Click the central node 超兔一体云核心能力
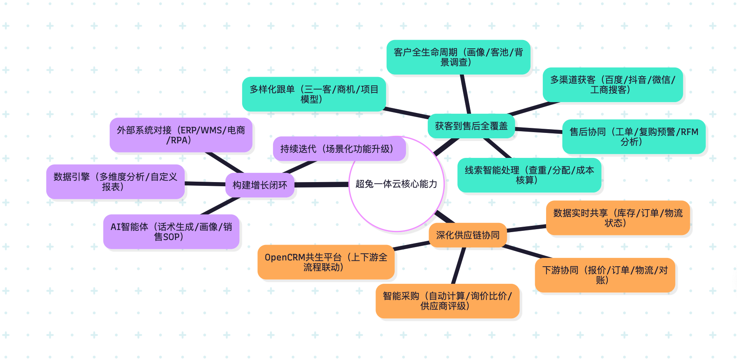(396, 184)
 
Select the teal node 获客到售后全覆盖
(471, 126)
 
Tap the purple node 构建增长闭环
(260, 185)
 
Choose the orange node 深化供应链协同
(468, 235)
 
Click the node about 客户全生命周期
(458, 57)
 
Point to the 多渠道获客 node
(612, 85)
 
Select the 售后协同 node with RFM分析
(634, 137)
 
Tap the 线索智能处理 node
(529, 175)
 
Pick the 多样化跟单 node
(314, 94)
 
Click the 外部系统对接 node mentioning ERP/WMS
(181, 135)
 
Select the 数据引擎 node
(115, 182)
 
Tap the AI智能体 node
(171, 232)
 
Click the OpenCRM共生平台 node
(326, 262)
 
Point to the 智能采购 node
(447, 301)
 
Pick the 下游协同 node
(605, 275)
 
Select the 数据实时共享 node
(618, 218)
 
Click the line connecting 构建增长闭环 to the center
(321, 185)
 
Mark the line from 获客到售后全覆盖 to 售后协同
(539, 130)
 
